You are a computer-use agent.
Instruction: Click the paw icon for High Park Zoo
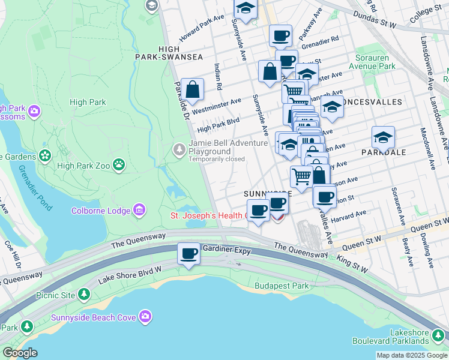point(120,163)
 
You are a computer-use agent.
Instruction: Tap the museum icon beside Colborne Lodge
point(139,211)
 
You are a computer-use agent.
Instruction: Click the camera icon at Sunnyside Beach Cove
point(145,316)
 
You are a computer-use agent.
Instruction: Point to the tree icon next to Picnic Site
point(85,295)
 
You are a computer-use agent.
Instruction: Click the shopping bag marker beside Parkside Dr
point(192,90)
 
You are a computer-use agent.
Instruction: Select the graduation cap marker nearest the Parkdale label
point(383,138)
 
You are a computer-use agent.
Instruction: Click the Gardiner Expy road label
point(226,248)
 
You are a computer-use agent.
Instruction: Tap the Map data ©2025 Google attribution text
point(411,355)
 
